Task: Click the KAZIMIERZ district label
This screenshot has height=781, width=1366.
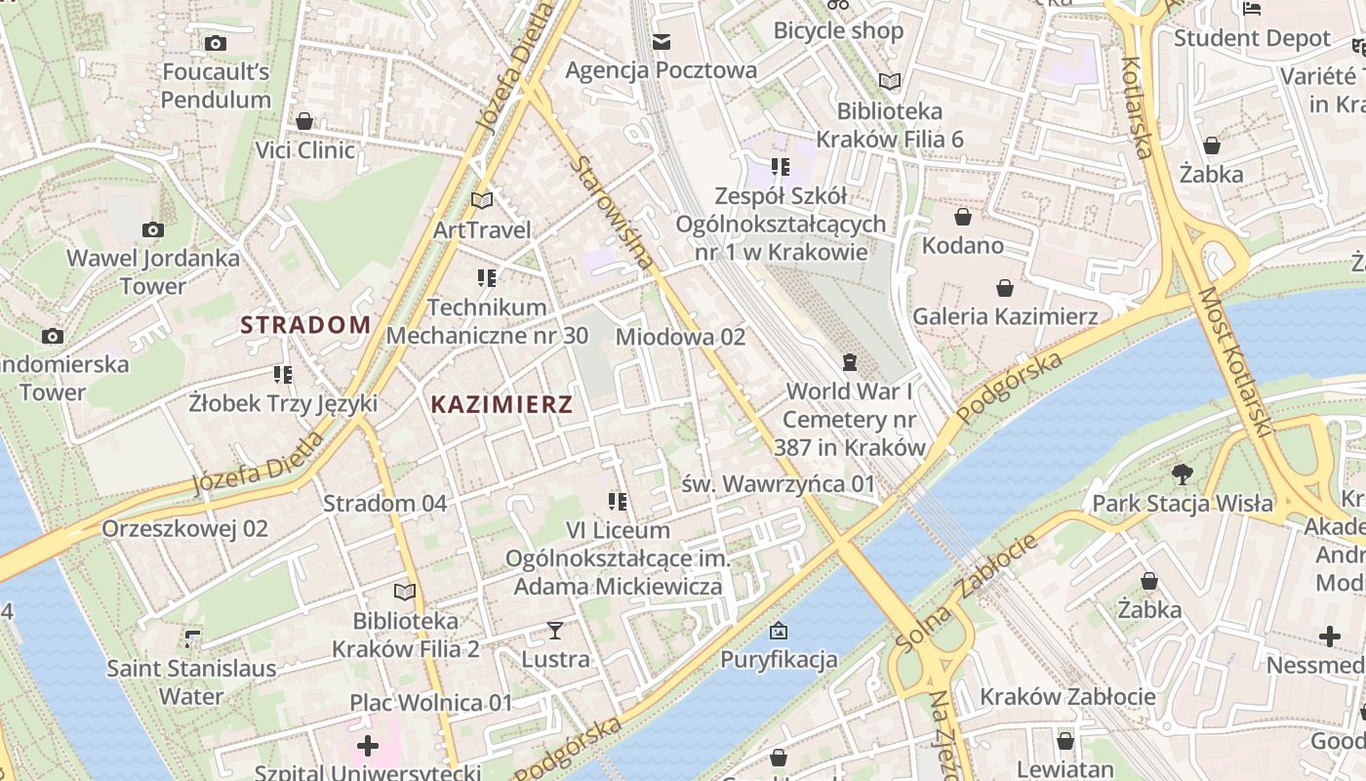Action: [502, 404]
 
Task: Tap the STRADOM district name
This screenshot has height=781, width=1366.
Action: [305, 325]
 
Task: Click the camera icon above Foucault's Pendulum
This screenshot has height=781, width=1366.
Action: [216, 43]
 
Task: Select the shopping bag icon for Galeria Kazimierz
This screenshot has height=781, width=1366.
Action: [1005, 288]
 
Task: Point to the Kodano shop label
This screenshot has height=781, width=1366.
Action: [963, 245]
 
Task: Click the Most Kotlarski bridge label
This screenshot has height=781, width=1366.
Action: [1236, 361]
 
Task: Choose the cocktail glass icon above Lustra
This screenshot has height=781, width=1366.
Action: [555, 631]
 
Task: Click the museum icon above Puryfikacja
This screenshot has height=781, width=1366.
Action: [778, 631]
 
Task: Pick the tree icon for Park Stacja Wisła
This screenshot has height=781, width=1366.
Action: [1182, 474]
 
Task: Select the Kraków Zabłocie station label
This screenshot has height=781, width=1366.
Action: [1067, 697]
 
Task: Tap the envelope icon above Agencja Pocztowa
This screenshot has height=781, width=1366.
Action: [662, 41]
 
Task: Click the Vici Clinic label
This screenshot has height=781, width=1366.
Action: [304, 150]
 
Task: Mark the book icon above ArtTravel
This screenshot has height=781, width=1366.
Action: [482, 200]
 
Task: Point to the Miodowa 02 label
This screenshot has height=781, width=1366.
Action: [680, 337]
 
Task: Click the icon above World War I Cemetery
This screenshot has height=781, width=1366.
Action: [849, 362]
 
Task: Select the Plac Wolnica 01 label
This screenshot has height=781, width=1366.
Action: [431, 703]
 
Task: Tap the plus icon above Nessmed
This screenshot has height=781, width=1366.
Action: [1329, 637]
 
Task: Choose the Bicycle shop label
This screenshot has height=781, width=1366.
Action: [838, 30]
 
